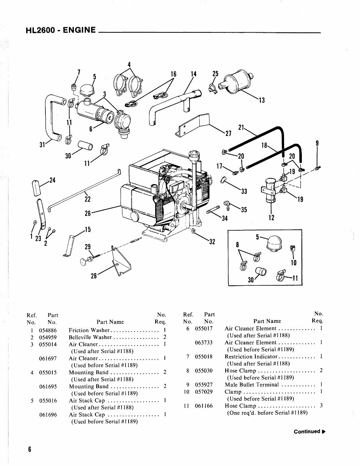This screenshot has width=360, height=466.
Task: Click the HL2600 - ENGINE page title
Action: [x=60, y=30]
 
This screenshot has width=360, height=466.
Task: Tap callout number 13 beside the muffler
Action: [x=261, y=101]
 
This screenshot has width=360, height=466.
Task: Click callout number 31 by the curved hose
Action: [x=42, y=145]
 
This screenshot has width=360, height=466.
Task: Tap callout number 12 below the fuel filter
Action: [x=271, y=218]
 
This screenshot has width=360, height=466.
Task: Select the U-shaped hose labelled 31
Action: [x=52, y=117]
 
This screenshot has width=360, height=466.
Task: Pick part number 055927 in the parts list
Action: [x=203, y=384]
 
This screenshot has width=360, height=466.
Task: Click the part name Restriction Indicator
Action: [x=248, y=357]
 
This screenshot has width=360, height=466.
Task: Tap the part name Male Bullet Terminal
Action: [x=251, y=384]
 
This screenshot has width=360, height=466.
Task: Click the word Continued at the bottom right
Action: [x=307, y=431]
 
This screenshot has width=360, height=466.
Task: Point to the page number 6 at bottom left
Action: [x=29, y=449]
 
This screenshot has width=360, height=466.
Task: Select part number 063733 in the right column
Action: [x=204, y=342]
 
